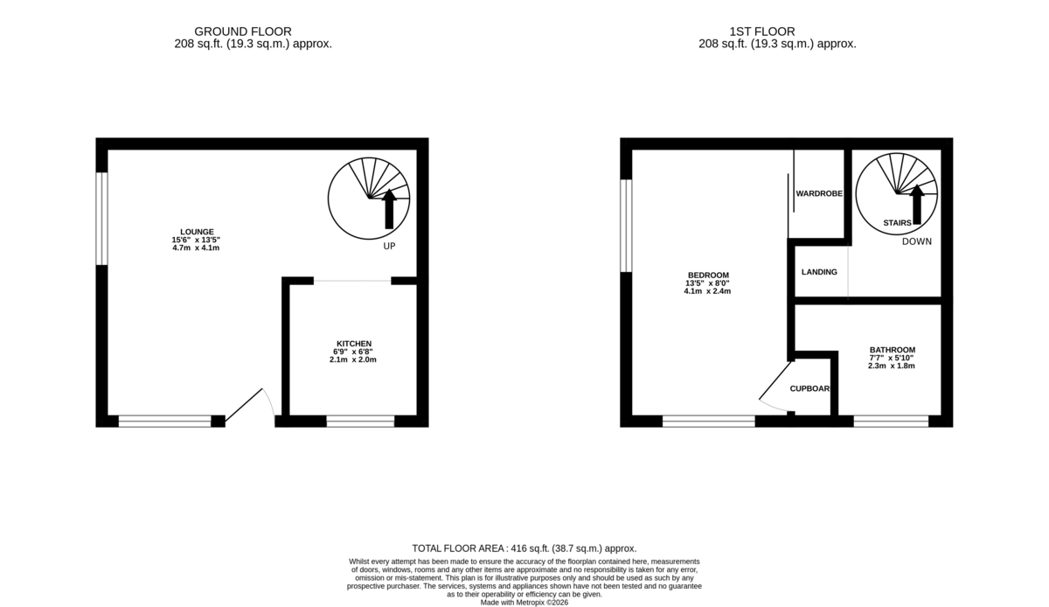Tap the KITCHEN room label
click(354, 343)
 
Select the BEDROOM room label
click(707, 275)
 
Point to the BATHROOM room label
click(892, 350)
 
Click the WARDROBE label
click(819, 193)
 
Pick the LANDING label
click(819, 272)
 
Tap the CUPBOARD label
click(810, 388)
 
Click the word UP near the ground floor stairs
click(389, 247)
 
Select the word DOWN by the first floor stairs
click(917, 241)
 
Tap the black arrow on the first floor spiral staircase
click(917, 203)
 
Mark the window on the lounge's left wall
click(102, 218)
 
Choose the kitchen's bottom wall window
click(360, 422)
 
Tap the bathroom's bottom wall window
click(891, 422)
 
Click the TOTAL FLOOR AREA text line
click(524, 548)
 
